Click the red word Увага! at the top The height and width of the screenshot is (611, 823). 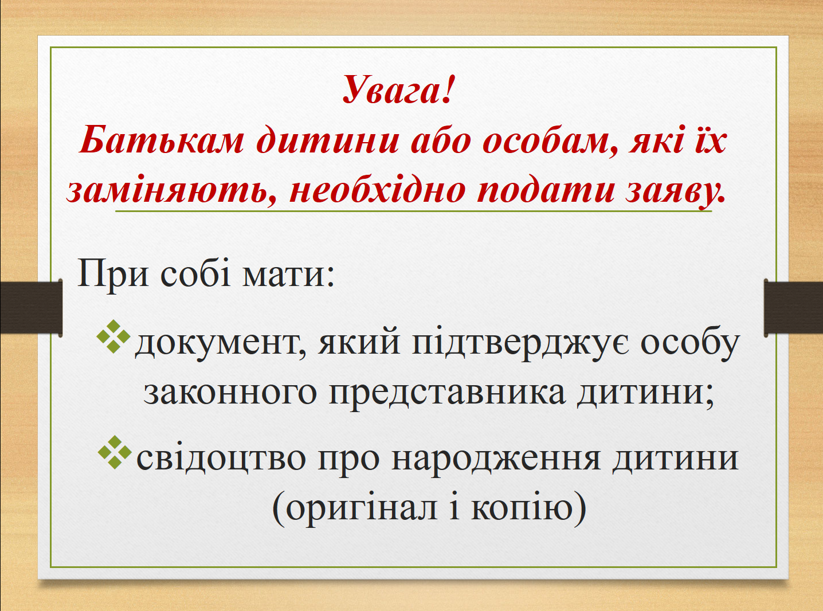(398, 90)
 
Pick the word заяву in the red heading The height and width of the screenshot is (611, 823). (675, 193)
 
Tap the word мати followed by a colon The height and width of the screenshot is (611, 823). (288, 276)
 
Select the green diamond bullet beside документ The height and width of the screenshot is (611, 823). (113, 336)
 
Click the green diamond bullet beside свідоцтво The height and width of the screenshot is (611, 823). (115, 452)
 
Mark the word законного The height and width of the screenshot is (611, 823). (230, 393)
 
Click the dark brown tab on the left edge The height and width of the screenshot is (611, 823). (31, 307)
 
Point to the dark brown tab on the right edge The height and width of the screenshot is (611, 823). (793, 307)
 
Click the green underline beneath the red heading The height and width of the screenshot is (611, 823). (413, 211)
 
